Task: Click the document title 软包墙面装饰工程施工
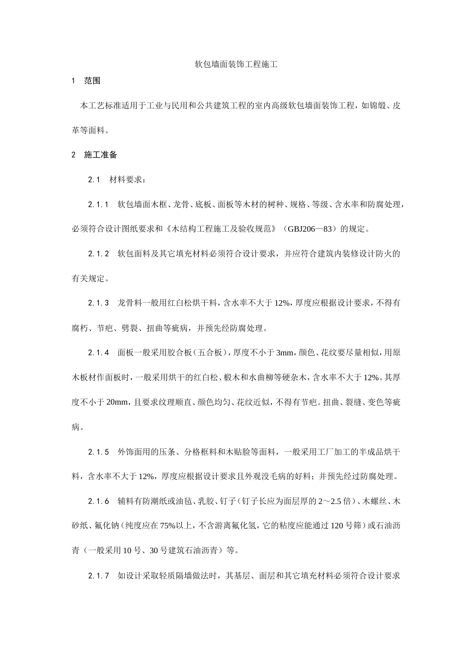pyautogui.click(x=236, y=65)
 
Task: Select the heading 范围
pyautogui.click(x=92, y=81)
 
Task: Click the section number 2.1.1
pyautogui.click(x=98, y=205)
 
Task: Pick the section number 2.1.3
pyautogui.click(x=98, y=303)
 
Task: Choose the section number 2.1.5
pyautogui.click(x=98, y=452)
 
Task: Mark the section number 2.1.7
pyautogui.click(x=98, y=576)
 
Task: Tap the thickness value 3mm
pyautogui.click(x=285, y=353)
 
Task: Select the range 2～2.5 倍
pyautogui.click(x=333, y=501)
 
